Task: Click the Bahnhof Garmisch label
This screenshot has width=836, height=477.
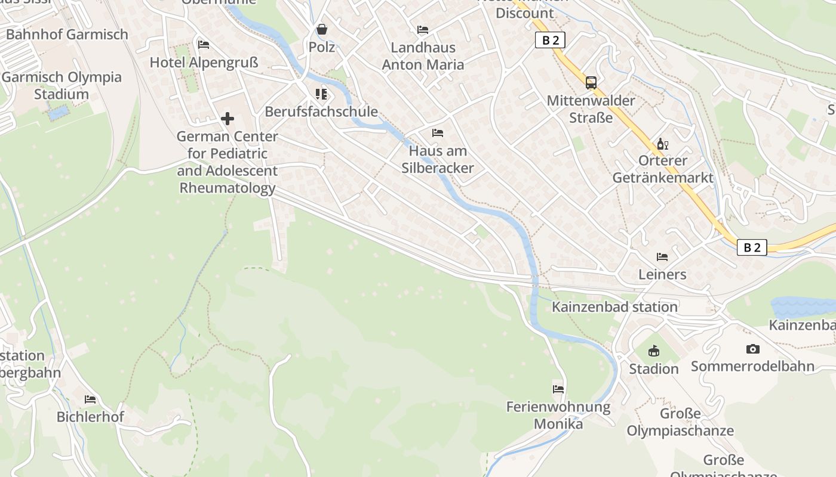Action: (67, 34)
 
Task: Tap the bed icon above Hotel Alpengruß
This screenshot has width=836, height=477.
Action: (204, 44)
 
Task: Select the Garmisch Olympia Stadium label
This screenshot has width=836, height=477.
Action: (62, 85)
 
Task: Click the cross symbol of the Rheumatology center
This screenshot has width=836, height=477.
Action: (228, 119)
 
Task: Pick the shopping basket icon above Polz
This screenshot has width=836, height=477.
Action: (322, 29)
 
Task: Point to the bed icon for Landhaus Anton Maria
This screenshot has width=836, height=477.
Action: (423, 29)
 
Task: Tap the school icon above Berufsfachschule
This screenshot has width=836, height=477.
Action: (321, 94)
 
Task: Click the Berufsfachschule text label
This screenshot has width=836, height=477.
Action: (321, 111)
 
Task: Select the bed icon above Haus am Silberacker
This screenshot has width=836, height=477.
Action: (438, 132)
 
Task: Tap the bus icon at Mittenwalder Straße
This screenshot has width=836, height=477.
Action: (591, 83)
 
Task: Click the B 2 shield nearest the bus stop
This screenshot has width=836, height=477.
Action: (549, 40)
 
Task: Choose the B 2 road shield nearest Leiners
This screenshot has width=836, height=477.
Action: (752, 247)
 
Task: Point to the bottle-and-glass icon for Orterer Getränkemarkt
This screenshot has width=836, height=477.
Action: (662, 144)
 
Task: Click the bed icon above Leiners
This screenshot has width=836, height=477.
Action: (662, 257)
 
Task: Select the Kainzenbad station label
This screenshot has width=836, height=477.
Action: (614, 306)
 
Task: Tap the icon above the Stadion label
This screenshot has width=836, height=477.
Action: (654, 351)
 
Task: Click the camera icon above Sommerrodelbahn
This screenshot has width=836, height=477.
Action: (753, 349)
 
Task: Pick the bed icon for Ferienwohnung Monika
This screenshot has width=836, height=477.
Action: (558, 389)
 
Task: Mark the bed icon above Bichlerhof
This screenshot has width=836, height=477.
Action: (90, 399)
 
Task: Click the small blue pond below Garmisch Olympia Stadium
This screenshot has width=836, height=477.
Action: (58, 113)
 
